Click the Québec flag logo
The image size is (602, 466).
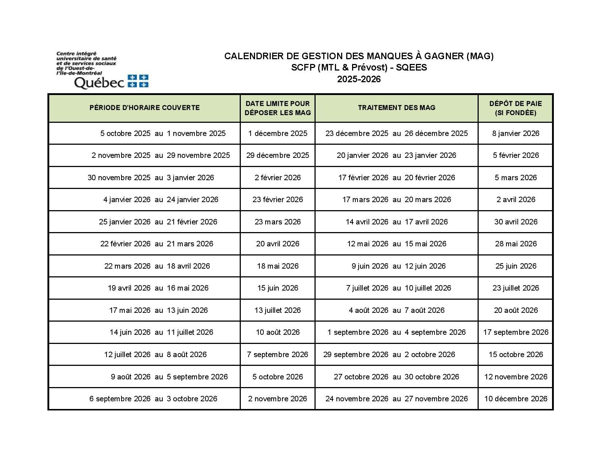[x=138, y=81]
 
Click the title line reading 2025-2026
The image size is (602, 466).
[x=359, y=79]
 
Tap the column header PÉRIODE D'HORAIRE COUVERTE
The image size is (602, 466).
[x=144, y=108]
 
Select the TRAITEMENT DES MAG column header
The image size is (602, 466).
[x=396, y=108]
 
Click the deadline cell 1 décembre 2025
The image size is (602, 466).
[x=278, y=133]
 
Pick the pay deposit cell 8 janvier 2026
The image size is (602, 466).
[x=516, y=133]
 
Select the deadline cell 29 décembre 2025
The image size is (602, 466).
[x=278, y=155]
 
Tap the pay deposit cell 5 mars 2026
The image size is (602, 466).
[x=516, y=178]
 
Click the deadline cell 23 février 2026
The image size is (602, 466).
[x=278, y=200]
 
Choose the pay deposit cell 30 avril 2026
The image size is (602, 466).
[x=516, y=222]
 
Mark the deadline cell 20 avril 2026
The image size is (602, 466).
[x=278, y=244]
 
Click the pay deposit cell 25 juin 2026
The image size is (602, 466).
[x=516, y=266]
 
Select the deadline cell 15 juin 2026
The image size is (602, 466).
[x=278, y=288]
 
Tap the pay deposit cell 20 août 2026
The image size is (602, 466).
[x=516, y=310]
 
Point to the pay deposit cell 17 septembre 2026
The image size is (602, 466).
[x=516, y=332]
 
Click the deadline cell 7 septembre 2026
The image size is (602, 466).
[x=278, y=355]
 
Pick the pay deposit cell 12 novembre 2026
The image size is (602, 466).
[x=516, y=377]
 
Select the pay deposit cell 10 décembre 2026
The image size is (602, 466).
[x=516, y=399]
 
